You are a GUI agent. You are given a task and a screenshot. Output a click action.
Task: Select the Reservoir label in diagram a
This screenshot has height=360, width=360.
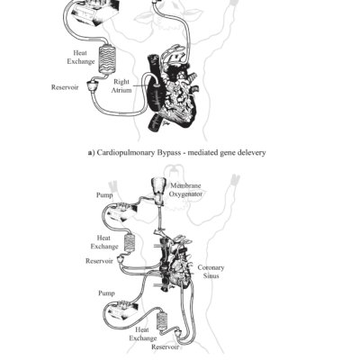coord(67,87)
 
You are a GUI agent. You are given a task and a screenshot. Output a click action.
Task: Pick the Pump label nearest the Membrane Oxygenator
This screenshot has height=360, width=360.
coord(104,194)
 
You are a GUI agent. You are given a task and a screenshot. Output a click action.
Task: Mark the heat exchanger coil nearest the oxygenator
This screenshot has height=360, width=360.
coord(131,242)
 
